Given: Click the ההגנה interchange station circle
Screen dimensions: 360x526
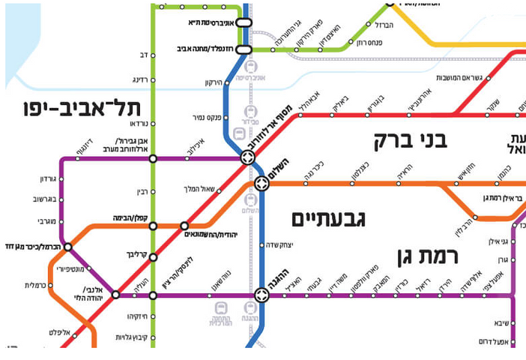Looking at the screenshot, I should (x=262, y=295).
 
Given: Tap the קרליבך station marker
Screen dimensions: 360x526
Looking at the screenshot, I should (x=153, y=257).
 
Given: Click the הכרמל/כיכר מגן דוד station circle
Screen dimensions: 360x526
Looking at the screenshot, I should (x=67, y=247).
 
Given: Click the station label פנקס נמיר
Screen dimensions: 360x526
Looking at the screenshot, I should (x=202, y=118).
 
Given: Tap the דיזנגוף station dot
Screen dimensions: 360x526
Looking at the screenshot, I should (x=78, y=158).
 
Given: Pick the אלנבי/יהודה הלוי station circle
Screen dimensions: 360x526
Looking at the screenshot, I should (x=115, y=295).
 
